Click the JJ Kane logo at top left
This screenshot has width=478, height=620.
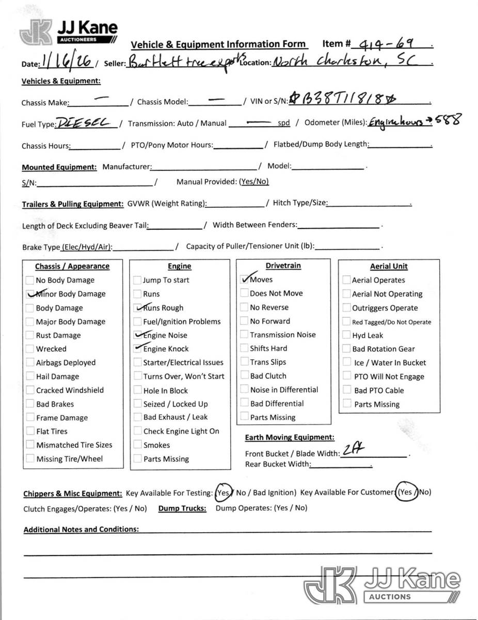coord(68,32)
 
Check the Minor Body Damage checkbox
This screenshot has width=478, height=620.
coord(30,294)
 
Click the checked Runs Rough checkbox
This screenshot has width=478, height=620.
coord(137,307)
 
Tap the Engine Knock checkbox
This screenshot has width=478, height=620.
coord(137,349)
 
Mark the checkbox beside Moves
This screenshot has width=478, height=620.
coord(245,279)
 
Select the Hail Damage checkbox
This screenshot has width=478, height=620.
coord(30,377)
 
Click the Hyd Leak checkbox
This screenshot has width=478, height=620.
coord(346,335)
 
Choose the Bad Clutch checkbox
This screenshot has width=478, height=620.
coord(245,376)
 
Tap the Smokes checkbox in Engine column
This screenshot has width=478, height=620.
coord(137,445)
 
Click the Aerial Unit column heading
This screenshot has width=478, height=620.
coord(389,267)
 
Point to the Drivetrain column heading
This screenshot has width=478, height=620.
coord(283,266)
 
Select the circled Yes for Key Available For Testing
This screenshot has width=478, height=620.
coord(224,492)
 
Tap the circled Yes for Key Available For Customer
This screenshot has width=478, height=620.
coord(406,492)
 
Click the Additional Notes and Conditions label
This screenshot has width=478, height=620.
coord(81,530)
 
